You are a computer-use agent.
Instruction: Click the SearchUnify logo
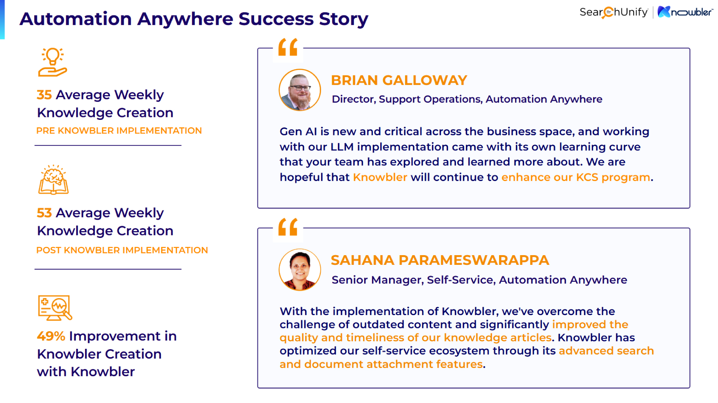coord(614,12)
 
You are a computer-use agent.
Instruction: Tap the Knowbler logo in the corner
coord(685,12)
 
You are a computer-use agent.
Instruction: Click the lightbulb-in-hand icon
coord(52,62)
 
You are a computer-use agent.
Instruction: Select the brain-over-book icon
coord(53,180)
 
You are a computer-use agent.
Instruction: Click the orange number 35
coord(44,95)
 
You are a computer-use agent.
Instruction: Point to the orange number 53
coord(44,213)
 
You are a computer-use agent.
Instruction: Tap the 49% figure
coord(51,336)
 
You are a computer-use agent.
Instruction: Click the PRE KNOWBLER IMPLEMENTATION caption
coord(119,131)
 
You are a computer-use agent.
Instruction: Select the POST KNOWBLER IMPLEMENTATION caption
coord(122,250)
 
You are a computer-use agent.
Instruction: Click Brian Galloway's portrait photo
coord(300,90)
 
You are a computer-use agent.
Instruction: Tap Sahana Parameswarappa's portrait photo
coord(300,270)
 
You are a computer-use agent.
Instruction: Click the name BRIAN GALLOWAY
coord(399,80)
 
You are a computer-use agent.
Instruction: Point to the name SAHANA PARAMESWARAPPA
coord(440,260)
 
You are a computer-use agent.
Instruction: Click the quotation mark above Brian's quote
coord(288,47)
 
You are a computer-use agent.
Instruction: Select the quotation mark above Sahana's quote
coord(288,227)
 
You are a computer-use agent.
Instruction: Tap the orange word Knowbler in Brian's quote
coord(380,177)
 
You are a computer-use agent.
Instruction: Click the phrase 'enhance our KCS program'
coord(575,177)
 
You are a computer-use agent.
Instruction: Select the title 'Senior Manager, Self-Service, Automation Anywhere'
coord(479,280)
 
